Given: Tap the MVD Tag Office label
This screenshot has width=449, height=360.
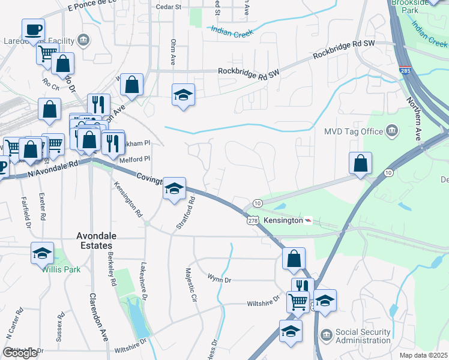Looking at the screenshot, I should pyautogui.click(x=354, y=131).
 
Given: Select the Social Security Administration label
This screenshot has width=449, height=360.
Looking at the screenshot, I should pyautogui.click(x=363, y=336).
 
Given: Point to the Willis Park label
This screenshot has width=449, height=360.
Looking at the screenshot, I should pyautogui.click(x=61, y=269).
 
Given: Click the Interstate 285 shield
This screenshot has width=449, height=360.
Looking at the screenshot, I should pyautogui.click(x=405, y=71).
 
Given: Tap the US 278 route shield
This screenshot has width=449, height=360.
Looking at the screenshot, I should pyautogui.click(x=252, y=221).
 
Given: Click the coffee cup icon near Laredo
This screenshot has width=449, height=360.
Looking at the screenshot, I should pyautogui.click(x=33, y=29).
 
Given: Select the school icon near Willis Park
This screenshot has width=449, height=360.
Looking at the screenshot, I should pyautogui.click(x=42, y=253).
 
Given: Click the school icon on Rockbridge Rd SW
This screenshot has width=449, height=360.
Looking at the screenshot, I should pyautogui.click(x=183, y=94).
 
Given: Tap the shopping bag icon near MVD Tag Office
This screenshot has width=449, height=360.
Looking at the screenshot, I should pyautogui.click(x=360, y=163).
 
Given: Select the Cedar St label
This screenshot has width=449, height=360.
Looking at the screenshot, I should pyautogui.click(x=169, y=7).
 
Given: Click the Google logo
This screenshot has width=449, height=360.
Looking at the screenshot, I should pyautogui.click(x=20, y=353).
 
